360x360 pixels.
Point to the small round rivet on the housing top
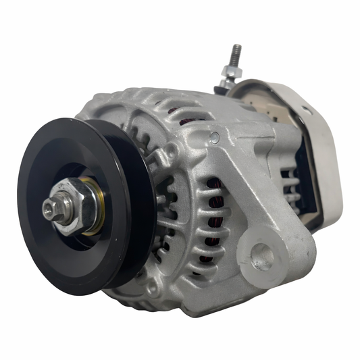[215, 138]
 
